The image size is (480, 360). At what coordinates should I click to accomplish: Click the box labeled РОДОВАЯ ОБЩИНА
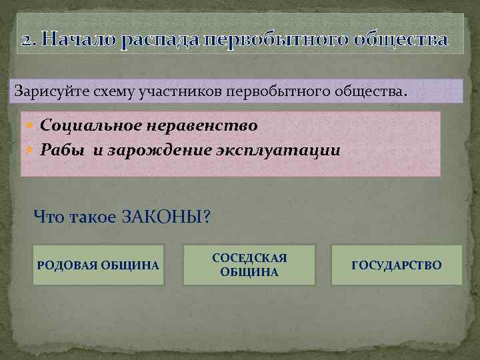point(98,265)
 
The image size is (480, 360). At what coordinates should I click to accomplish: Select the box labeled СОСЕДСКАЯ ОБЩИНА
point(249,265)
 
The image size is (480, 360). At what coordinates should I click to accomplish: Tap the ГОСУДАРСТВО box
point(396,265)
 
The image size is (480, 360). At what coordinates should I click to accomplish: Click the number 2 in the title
point(25,41)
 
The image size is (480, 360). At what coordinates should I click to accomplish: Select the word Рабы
point(62,149)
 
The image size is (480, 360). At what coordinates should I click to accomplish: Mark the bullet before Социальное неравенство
point(33,125)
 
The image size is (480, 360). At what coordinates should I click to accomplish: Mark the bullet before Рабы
point(33,150)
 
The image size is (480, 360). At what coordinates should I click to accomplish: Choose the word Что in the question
point(47,217)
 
